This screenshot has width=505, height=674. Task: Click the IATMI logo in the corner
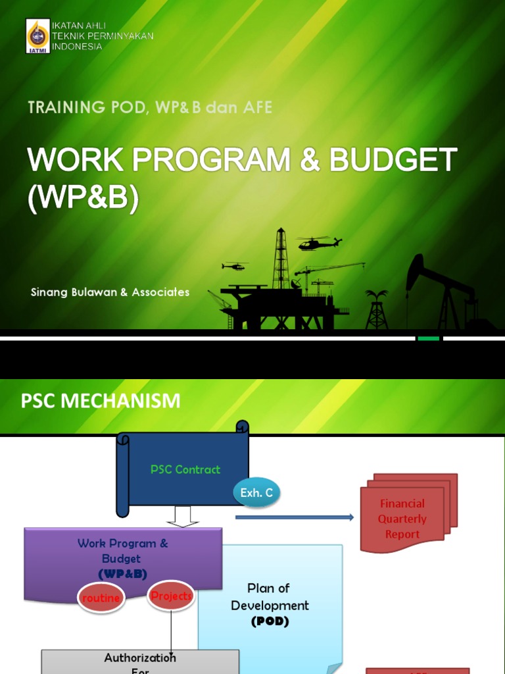point(37,36)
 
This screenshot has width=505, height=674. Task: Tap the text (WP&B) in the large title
point(83,199)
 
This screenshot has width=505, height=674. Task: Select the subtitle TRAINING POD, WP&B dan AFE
point(150,107)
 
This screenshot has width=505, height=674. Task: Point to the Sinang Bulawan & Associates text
point(110,292)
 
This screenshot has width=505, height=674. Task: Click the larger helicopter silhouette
point(319,243)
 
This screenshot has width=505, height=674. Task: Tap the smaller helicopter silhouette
point(234,266)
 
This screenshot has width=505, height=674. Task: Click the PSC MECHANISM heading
point(100,400)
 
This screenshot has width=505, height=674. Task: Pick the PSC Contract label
point(185,469)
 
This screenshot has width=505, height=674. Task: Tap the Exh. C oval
point(256,492)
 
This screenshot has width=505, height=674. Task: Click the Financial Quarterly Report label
point(402,519)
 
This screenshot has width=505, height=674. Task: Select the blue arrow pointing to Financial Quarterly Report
point(294,517)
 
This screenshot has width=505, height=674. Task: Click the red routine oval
point(101,598)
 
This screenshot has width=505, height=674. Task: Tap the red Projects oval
point(171,595)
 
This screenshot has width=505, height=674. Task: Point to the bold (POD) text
point(270,621)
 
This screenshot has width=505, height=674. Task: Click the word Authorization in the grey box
point(140,658)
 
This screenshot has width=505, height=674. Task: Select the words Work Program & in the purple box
point(122,543)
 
